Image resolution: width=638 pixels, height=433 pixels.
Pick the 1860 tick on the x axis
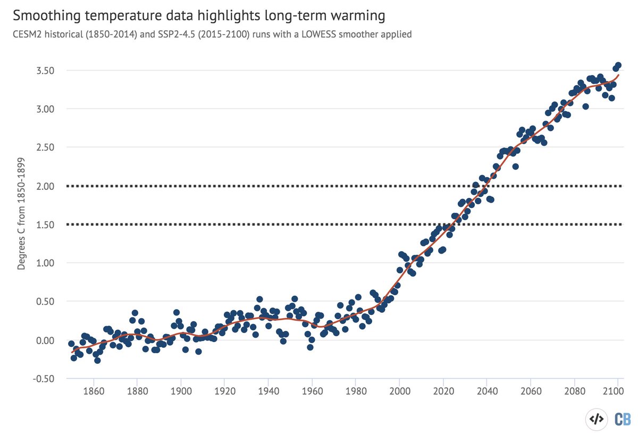point(94,396)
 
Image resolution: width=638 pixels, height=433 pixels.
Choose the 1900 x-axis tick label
point(181,396)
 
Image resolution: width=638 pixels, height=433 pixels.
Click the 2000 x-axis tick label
point(399,396)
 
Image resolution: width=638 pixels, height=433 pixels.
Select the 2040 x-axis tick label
point(486,396)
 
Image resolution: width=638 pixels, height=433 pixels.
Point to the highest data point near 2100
point(618,65)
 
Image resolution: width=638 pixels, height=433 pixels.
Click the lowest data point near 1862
point(97,360)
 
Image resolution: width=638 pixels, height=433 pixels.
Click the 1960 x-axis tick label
point(312,396)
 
